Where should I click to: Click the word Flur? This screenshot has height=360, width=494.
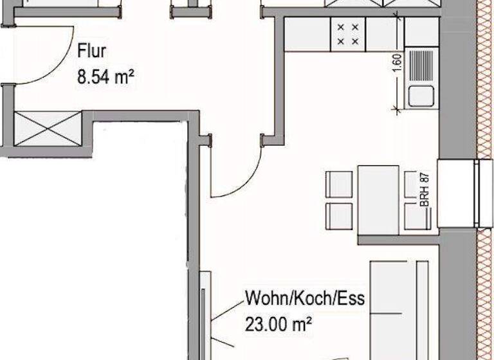(x=91, y=50)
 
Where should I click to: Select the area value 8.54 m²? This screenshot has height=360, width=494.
(x=105, y=78)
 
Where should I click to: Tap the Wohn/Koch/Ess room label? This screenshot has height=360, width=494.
(x=304, y=300)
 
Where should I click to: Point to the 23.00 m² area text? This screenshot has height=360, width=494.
(x=278, y=324)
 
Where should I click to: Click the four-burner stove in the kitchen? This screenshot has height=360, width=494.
(x=347, y=34)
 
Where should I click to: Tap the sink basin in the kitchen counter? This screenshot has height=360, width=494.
(x=420, y=97)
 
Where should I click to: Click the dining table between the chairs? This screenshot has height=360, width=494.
(x=378, y=199)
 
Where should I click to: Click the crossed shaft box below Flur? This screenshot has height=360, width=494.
(x=48, y=129)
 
